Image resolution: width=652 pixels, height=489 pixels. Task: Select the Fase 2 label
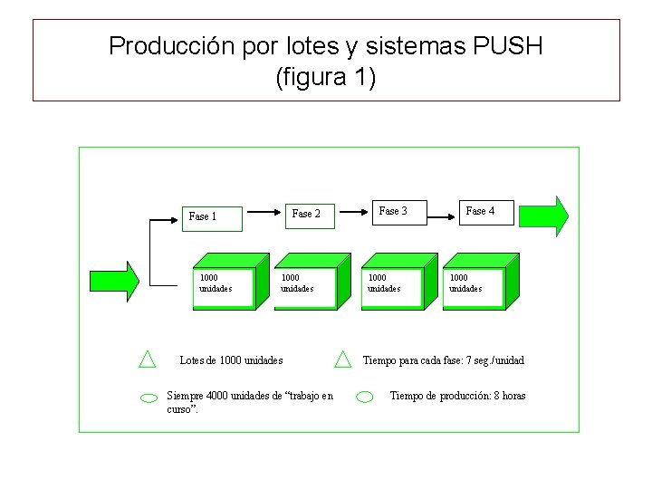306,214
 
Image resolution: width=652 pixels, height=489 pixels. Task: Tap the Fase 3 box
393,212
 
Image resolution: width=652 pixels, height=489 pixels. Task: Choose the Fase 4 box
480,212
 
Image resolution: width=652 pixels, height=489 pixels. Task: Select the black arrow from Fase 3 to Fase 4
440,216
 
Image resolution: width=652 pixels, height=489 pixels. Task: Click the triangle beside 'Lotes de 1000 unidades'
148,360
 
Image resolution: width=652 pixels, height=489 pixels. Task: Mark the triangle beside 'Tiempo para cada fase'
342,360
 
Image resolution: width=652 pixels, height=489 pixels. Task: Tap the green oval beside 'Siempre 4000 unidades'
149,397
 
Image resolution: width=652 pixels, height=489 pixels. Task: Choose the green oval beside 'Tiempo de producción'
365,397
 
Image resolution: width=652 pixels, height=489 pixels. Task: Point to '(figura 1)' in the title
325,78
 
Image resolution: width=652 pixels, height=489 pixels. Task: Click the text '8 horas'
507,396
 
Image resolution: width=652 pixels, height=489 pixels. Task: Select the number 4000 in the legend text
217,396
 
